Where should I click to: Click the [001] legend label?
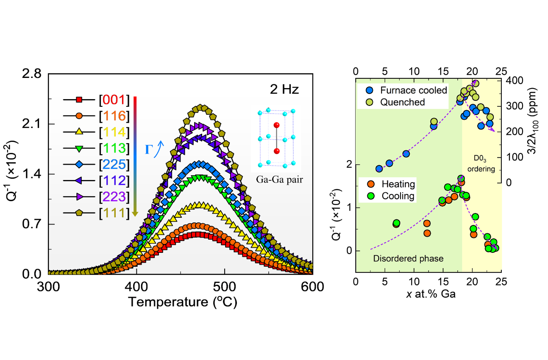pos(113,100)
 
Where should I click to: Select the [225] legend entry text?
pos(113,165)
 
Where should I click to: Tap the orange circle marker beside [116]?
pos(79,116)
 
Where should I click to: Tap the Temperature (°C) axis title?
pos(182,302)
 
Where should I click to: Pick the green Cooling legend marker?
pos(370,196)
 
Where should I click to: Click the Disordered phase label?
pos(408,258)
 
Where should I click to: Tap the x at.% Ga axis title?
pos(427,294)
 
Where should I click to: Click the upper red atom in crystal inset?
pos(276,125)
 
